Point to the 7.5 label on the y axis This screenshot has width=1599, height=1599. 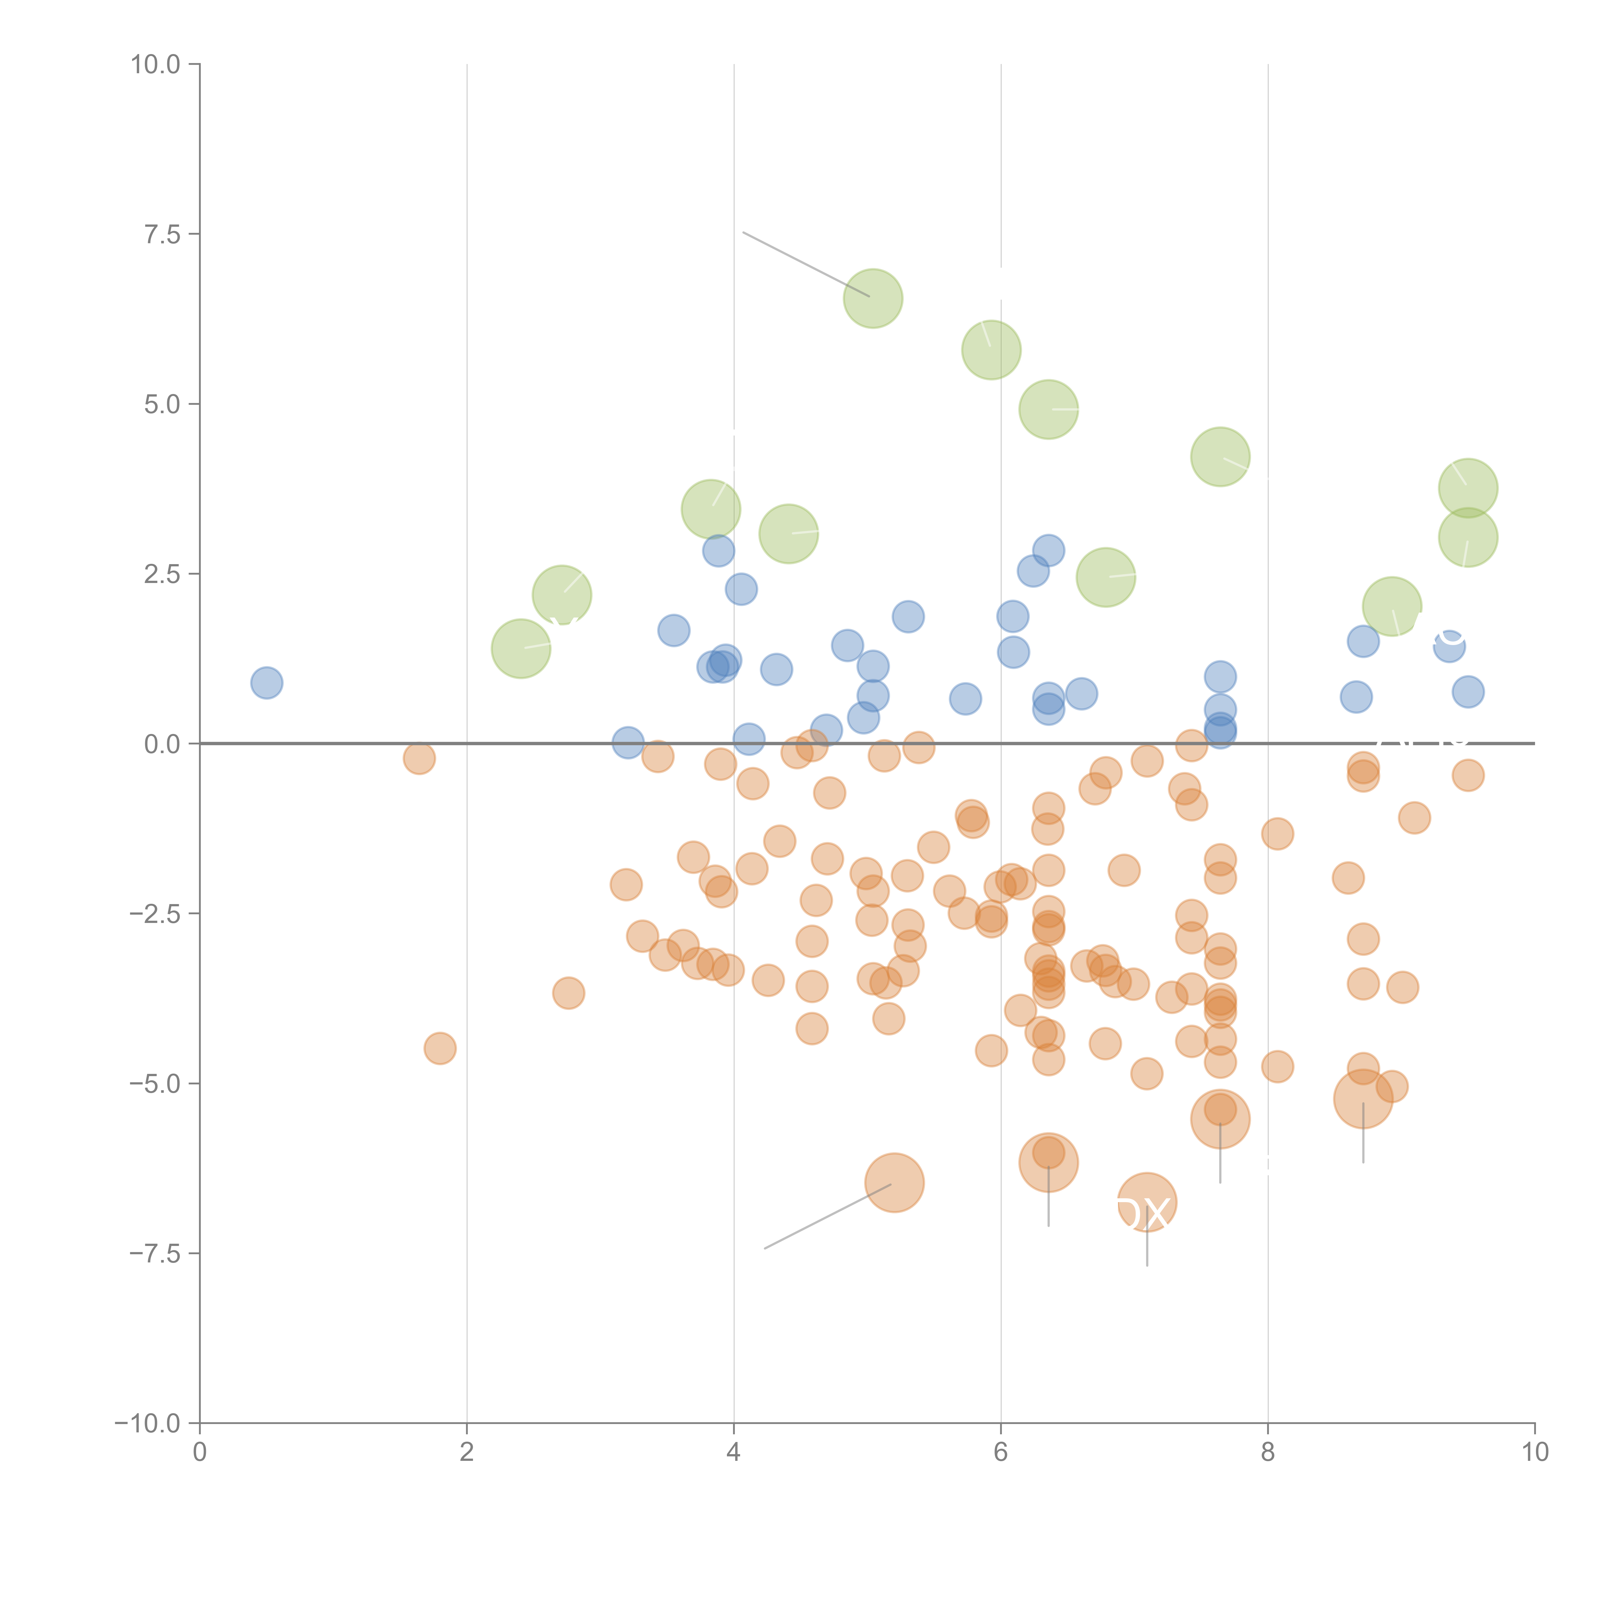(162, 234)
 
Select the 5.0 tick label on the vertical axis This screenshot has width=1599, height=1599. (162, 405)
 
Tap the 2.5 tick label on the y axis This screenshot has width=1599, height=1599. (162, 574)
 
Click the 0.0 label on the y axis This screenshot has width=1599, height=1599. (162, 744)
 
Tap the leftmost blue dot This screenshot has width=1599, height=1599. (266, 683)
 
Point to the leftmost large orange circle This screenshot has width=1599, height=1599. (895, 1183)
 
